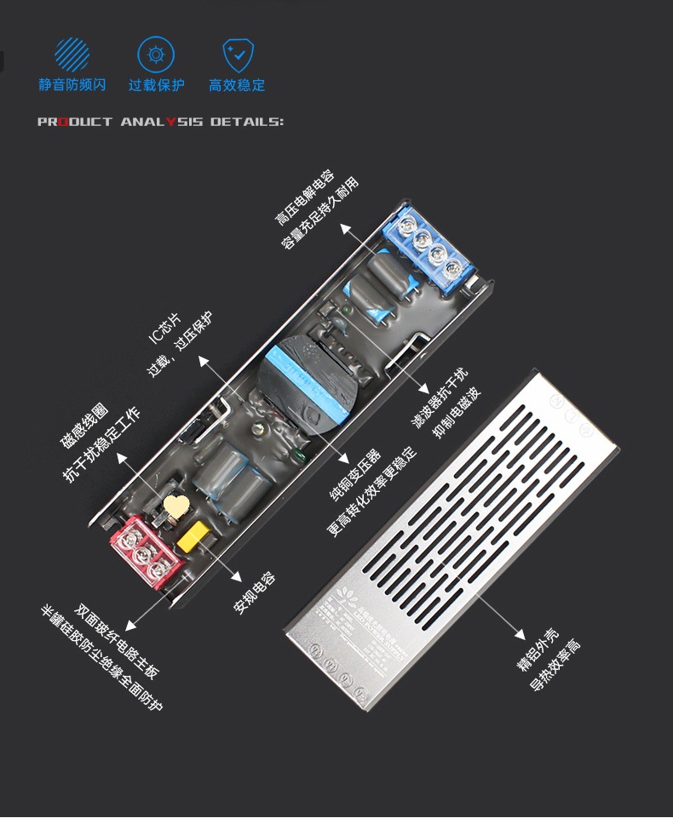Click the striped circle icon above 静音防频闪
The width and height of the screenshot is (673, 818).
72,55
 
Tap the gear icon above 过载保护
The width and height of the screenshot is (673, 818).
156,55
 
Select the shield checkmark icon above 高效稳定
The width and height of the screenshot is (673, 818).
238,55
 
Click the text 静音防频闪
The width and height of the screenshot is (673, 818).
72,85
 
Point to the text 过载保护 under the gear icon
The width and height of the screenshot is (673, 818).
156,85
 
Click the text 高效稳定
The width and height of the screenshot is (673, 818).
237,85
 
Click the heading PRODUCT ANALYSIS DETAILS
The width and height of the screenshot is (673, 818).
160,122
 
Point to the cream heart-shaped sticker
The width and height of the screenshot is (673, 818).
176,506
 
